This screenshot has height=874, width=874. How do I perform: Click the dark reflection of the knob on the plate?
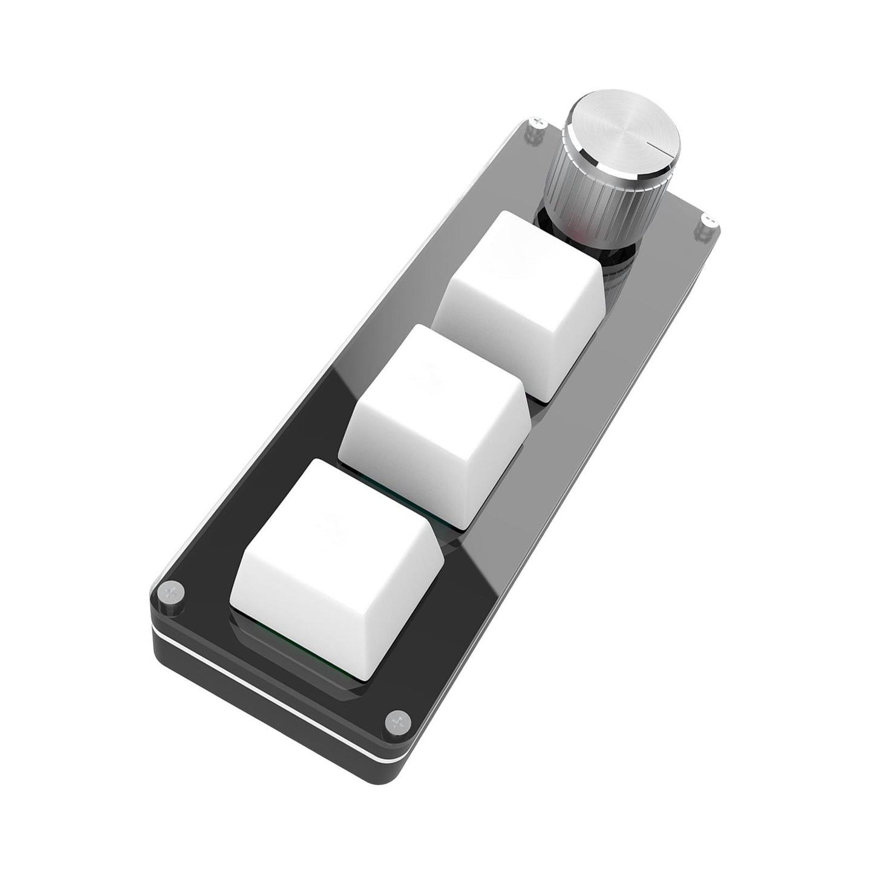[x=617, y=284]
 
